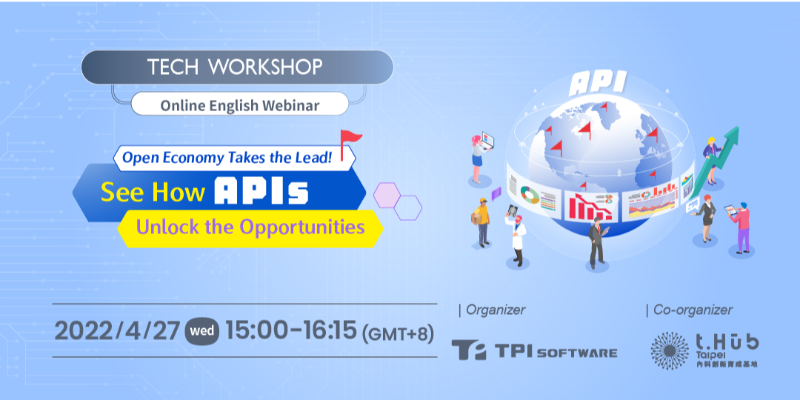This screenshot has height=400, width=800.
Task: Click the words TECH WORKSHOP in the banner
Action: coord(235,67)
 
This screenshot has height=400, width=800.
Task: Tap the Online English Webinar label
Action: coord(239,105)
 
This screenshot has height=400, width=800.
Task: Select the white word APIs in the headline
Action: coord(261,192)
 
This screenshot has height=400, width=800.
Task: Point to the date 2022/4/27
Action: coord(116,331)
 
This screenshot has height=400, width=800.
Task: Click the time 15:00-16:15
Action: coord(291,331)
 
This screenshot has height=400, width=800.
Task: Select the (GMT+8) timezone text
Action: coord(398,333)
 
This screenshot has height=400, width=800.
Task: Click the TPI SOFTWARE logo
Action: coord(533,350)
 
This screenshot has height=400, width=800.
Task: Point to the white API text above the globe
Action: coord(597,83)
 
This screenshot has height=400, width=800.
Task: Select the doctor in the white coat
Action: coord(516,236)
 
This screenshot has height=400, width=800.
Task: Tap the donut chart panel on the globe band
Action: coord(532,196)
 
